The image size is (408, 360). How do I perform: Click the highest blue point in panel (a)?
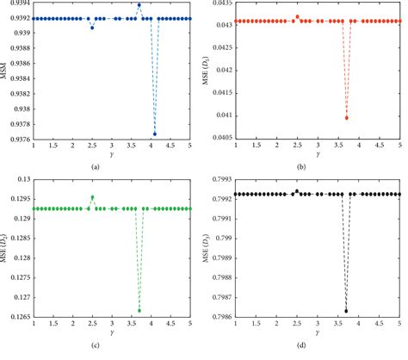(x=139, y=5)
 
